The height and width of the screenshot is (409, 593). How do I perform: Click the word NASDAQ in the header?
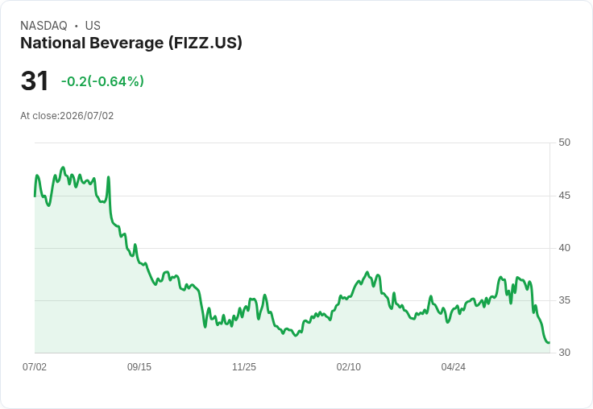pos(44,26)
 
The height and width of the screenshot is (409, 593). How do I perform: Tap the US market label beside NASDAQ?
pos(93,26)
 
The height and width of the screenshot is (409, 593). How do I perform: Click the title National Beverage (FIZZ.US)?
pos(131,43)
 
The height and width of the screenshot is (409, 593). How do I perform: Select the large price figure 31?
pos(35,81)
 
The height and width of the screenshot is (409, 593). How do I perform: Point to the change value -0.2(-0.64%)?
pos(102,81)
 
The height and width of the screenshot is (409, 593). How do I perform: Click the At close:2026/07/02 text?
pos(67,116)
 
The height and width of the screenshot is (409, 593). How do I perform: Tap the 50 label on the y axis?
pos(564,143)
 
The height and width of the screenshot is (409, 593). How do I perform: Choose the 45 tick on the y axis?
pos(564,196)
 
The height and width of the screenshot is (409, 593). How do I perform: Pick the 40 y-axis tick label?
pos(564,248)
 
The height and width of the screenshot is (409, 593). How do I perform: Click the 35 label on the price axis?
pos(564,300)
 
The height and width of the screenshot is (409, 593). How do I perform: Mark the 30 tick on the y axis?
pos(564,353)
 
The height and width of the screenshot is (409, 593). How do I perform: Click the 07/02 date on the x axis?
pos(35,367)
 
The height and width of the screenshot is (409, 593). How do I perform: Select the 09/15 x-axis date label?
pos(139,367)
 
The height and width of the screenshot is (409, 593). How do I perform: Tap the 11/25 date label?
pos(244,367)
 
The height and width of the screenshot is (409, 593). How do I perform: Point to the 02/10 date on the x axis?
pos(349,367)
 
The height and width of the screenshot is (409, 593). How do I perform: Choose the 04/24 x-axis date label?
pos(454,367)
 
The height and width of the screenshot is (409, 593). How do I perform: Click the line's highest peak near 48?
pos(63,167)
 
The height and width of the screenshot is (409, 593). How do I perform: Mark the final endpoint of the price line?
pos(549,343)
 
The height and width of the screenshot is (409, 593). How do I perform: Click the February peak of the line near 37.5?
pos(367,272)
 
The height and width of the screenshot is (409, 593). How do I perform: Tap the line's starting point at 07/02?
pos(35,196)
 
